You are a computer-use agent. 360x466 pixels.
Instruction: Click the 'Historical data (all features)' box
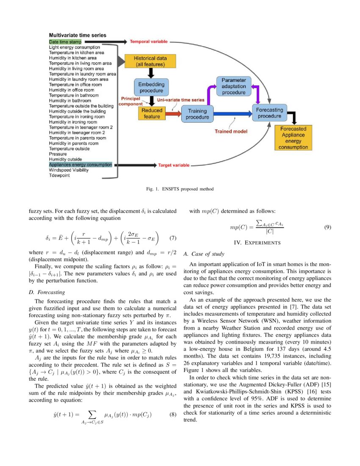150,61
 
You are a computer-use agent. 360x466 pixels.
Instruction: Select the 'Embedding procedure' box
151,88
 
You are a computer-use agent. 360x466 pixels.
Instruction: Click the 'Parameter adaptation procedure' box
234,86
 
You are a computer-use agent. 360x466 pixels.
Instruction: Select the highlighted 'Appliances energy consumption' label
80,164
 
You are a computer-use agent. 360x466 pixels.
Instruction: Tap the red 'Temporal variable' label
149,42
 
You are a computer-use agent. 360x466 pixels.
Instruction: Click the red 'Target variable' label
174,165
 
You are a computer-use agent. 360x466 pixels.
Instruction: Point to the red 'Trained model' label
231,131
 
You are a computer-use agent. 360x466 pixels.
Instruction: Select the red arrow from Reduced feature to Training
172,114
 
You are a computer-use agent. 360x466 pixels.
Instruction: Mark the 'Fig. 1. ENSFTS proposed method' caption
180,189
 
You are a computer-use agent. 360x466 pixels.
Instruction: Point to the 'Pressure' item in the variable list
58,154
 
